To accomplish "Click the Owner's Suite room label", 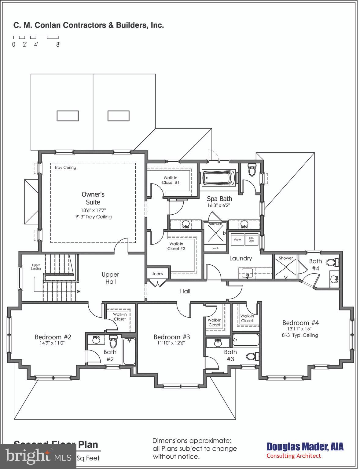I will (93, 198).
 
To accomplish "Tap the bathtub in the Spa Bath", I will (219, 177).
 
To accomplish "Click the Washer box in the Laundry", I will (237, 239).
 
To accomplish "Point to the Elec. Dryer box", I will (252, 239).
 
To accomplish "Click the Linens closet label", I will (157, 274).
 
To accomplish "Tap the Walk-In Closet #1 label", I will (170, 180).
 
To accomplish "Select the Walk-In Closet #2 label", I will (176, 246).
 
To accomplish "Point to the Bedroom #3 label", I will (172, 337).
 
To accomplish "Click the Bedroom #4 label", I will (300, 323).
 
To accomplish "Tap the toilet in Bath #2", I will (113, 342).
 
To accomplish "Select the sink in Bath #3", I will (218, 343).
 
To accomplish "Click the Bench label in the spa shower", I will (215, 248).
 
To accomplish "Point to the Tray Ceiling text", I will (65, 167).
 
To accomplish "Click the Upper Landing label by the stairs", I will (36, 267).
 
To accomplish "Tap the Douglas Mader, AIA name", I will (305, 447).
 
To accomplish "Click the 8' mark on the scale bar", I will (58, 45).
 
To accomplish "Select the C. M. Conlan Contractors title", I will (89, 25).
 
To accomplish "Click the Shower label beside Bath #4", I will (286, 258).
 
